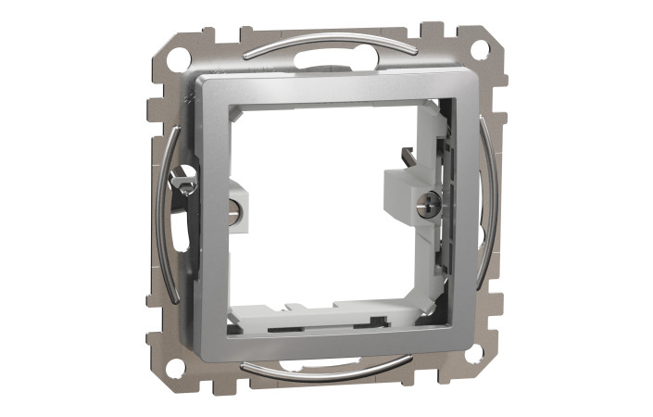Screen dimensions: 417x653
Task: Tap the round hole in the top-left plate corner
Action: click(x=179, y=57)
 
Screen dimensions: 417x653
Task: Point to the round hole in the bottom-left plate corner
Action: click(x=173, y=366)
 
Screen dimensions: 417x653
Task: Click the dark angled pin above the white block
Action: click(x=406, y=159)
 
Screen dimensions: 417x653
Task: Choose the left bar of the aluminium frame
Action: click(x=212, y=222)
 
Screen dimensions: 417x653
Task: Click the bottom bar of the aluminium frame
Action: click(x=324, y=343)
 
